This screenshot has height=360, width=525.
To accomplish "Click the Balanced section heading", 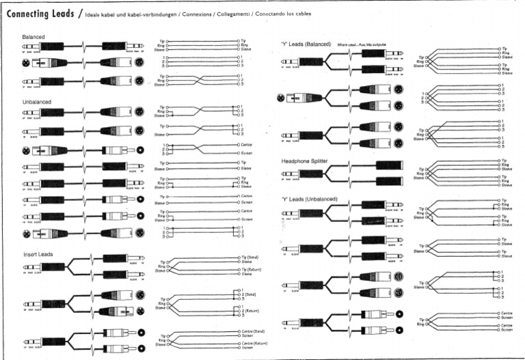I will pos(34,36).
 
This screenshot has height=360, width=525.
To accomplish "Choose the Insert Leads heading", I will pos(38,253).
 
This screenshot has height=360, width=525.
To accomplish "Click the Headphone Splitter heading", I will pos(308,161).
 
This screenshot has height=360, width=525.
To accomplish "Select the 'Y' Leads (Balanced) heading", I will pos(306,44).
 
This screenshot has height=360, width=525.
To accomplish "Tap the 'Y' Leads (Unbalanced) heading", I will pos(310,199).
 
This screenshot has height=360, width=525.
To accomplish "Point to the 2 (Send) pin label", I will pos(251,296).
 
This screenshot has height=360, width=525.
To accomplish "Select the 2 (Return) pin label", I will pos(252,311).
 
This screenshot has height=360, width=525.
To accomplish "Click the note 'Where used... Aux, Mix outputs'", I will pos(365,44).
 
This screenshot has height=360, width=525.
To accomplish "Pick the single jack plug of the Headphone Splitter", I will pos(308,174).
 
